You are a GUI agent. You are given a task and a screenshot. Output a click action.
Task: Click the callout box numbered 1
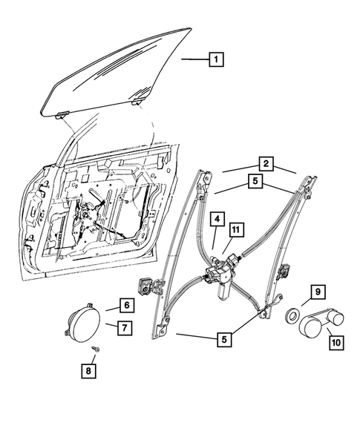215,59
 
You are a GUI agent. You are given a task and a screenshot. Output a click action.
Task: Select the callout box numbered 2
264,162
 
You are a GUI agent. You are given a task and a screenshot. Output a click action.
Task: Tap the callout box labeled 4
217,220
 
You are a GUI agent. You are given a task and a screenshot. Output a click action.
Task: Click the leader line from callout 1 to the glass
195,59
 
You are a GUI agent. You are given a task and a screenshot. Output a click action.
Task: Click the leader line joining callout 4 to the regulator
215,239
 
